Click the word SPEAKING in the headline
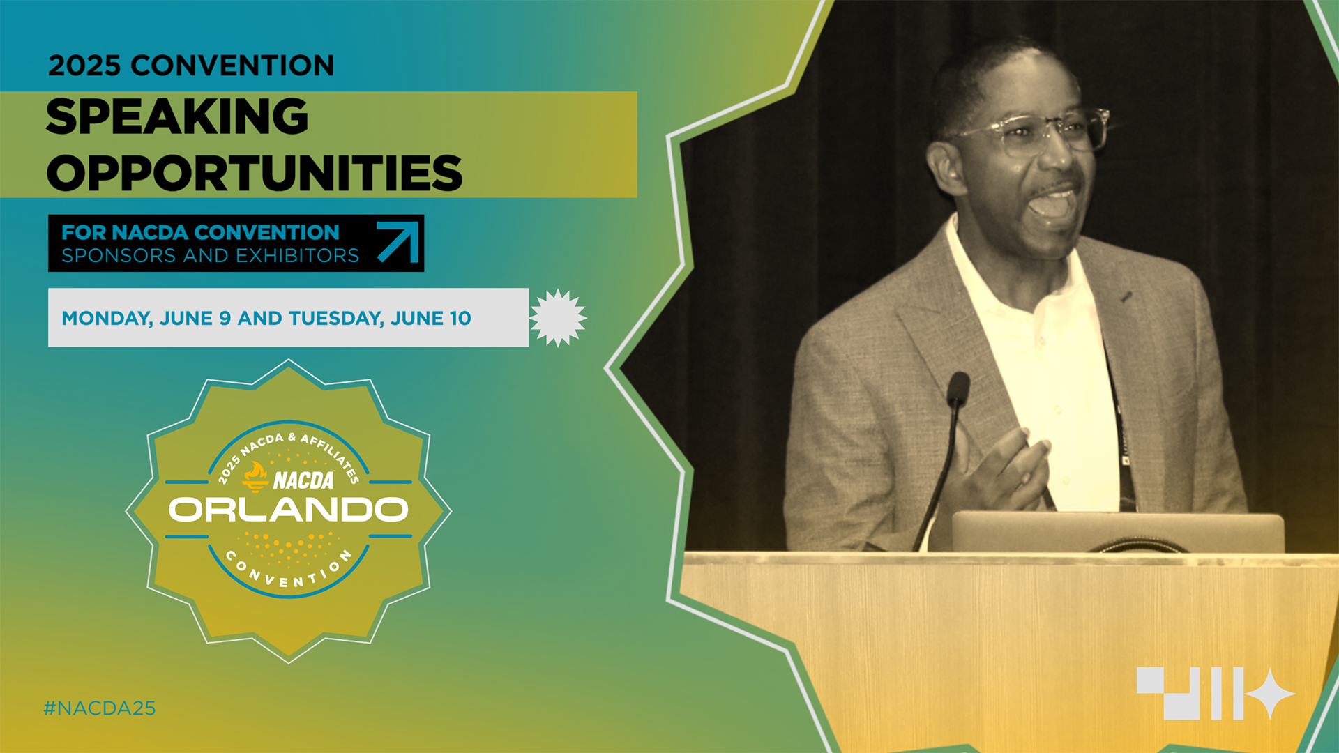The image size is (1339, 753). point(177,116)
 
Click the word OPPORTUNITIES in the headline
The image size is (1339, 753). point(255,174)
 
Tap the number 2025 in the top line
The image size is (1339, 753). point(84,66)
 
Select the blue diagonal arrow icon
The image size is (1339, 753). point(398,242)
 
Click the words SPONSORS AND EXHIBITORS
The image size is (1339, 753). point(210,256)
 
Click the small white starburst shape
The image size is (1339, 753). point(558,318)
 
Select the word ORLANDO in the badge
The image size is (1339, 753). point(288,510)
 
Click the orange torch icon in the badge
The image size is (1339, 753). point(255,477)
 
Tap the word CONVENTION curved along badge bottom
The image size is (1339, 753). point(289,570)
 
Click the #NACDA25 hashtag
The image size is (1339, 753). point(100,708)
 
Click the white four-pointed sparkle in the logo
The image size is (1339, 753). point(1270,694)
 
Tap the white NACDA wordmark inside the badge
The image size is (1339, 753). point(303,480)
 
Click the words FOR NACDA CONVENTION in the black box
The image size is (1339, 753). point(200,232)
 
